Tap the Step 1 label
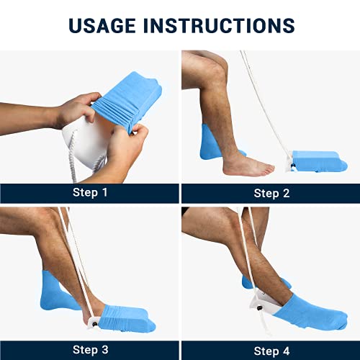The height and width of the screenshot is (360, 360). pos(90,193)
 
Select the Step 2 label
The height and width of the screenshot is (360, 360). pos(271,193)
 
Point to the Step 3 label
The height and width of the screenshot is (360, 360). pos(90,351)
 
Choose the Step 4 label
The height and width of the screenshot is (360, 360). pos(271,351)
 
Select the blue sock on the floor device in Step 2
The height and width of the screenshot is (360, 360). pos(317,160)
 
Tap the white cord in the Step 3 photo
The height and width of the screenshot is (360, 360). pos(72,259)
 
